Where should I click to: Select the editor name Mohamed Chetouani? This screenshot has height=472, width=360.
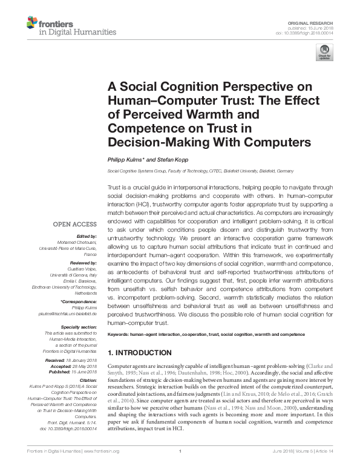click(x=80, y=241)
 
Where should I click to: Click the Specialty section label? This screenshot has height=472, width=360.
click(x=79, y=327)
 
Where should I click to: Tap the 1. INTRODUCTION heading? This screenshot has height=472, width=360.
click(x=139, y=353)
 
